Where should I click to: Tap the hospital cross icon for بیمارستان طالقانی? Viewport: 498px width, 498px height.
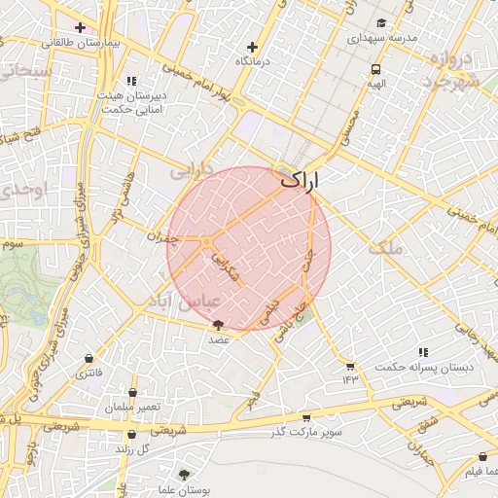coord(79,27)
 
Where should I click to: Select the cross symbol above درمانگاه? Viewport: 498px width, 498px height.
coord(253,46)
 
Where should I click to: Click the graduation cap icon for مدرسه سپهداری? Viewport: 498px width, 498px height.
coord(381,22)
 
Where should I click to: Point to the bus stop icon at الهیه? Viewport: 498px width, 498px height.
coord(375,69)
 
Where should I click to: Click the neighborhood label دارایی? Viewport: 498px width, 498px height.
coord(191,171)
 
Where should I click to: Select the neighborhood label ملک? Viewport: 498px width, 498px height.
coord(385,248)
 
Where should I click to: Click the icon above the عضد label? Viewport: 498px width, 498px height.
coord(217,325)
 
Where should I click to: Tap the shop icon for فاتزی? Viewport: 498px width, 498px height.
coord(90,358)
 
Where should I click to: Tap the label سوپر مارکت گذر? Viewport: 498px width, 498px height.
coord(307,431)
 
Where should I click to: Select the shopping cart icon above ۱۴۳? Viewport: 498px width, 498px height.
coord(350,366)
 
